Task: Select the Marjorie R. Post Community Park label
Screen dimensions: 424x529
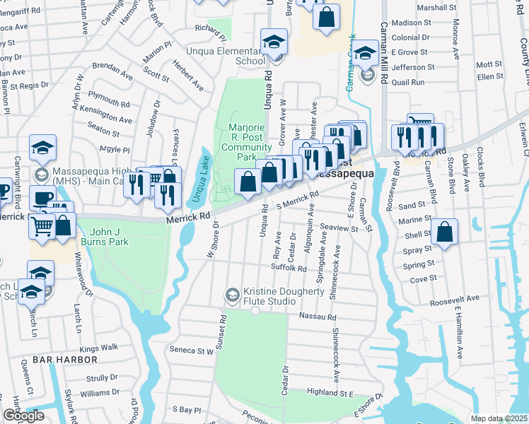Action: [246, 142]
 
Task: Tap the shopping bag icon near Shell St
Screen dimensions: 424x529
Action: [443, 233]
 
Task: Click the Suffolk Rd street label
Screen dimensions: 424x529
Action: [289, 269]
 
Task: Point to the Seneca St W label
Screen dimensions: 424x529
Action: [195, 351]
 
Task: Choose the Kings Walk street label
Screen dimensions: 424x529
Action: [99, 348]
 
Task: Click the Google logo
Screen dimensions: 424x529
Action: [23, 416]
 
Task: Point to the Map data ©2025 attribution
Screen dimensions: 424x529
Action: [498, 419]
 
